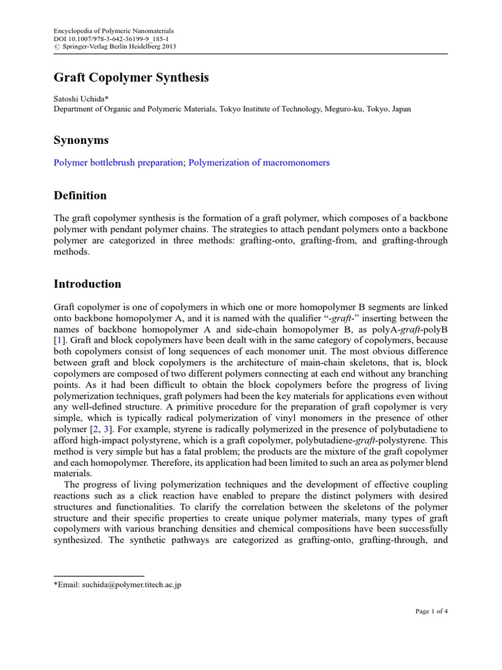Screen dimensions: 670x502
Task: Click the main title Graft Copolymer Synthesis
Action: [x=131, y=78]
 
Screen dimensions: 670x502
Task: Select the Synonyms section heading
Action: [x=81, y=140]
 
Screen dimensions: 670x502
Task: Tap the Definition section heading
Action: [x=80, y=196]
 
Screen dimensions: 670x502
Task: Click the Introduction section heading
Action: [x=87, y=284]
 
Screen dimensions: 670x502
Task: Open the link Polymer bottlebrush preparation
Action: [x=118, y=163]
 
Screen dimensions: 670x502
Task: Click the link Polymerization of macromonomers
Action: [x=259, y=163]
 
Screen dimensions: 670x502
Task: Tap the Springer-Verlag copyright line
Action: [x=114, y=46]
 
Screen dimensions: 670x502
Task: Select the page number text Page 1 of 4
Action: [x=431, y=611]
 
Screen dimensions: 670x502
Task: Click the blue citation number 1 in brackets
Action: [x=58, y=340]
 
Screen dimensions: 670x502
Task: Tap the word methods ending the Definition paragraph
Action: [x=70, y=251]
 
